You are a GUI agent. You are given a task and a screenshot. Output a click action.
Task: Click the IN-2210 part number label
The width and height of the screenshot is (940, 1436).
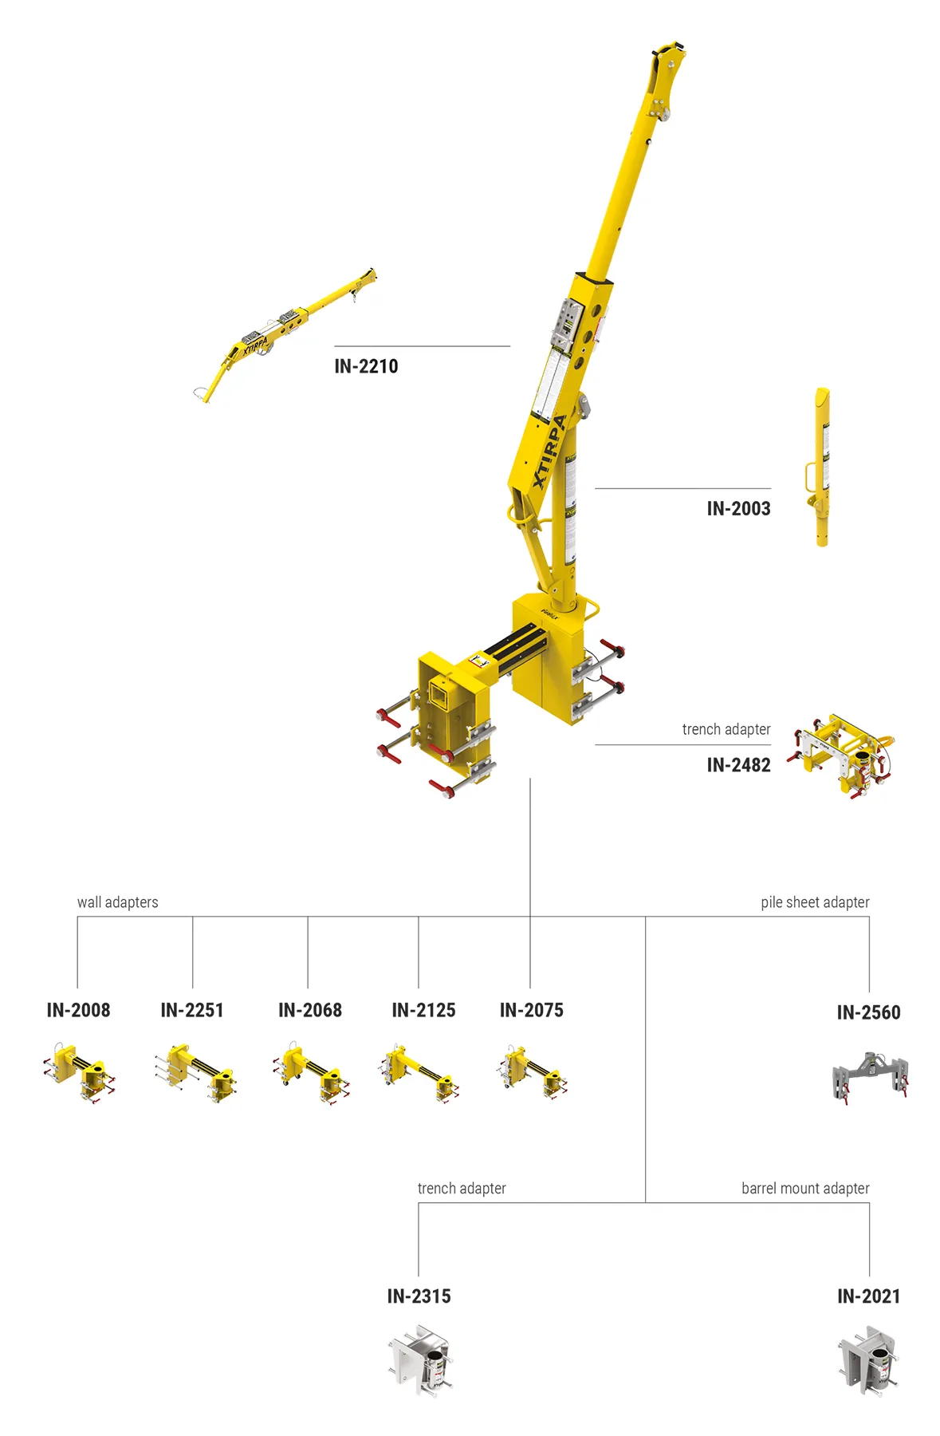(366, 366)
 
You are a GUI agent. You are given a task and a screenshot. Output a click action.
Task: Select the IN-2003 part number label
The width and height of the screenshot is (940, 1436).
(738, 508)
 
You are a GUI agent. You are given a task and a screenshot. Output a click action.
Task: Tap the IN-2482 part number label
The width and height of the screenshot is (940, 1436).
(738, 765)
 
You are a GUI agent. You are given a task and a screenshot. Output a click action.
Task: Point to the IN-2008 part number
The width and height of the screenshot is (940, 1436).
(78, 1010)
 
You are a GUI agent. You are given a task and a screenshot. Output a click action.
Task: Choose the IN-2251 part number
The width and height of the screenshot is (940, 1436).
(192, 1010)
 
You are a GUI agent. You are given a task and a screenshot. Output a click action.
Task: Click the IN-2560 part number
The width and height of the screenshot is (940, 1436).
(868, 1012)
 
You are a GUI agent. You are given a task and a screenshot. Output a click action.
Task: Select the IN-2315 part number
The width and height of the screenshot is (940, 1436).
(419, 1296)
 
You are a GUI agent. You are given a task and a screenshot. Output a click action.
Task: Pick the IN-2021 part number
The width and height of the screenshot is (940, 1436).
(868, 1296)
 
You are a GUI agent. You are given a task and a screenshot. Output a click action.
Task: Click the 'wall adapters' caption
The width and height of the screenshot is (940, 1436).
(117, 902)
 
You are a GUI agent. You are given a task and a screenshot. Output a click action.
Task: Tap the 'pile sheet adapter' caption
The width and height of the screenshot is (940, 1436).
(815, 902)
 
